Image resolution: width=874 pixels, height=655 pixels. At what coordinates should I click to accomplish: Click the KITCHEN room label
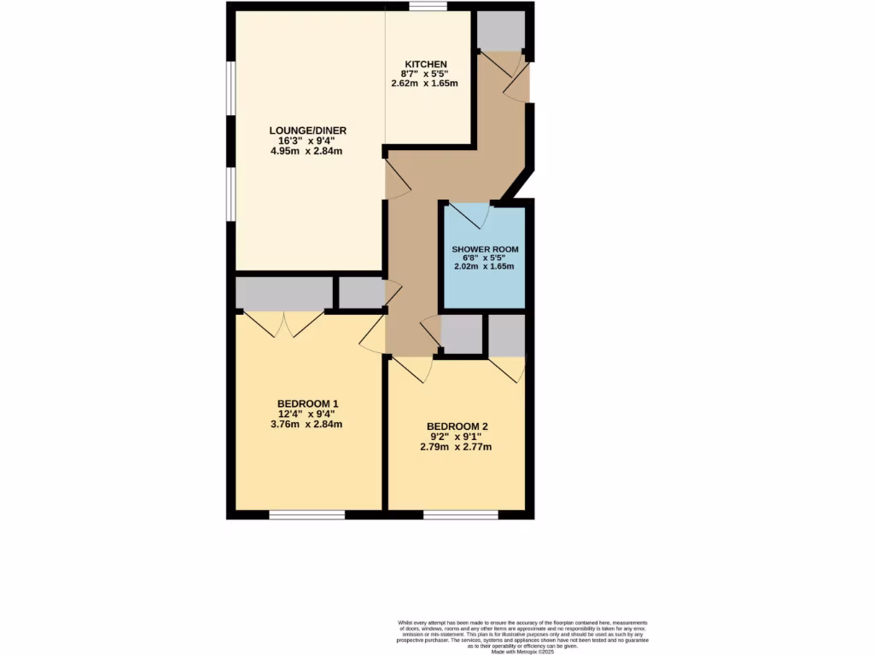(426, 65)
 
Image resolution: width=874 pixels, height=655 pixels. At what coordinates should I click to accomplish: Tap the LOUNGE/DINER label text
(308, 130)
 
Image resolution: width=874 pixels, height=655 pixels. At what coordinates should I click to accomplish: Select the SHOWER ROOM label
(485, 249)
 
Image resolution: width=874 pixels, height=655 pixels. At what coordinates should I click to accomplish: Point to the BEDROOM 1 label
(308, 403)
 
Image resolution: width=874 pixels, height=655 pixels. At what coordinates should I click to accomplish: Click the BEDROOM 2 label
(457, 426)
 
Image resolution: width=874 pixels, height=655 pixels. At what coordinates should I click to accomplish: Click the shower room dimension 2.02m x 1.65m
(485, 267)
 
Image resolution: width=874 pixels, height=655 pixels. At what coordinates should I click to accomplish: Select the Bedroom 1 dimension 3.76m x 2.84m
(308, 424)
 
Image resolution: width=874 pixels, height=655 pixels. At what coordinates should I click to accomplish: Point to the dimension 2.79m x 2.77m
(457, 447)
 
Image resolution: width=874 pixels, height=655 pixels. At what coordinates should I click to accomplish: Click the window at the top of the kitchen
(427, 7)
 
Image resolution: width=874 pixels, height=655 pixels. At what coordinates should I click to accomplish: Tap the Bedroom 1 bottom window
(307, 514)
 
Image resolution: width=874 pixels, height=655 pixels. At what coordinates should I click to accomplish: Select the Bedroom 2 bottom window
(461, 514)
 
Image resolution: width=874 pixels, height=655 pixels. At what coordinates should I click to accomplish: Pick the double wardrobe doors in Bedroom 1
(283, 322)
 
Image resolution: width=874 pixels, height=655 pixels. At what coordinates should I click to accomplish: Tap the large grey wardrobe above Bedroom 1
(283, 293)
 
